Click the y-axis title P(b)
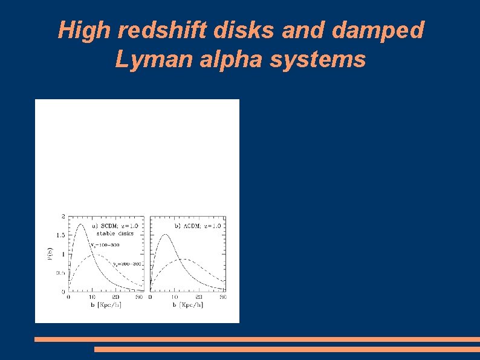click(50, 254)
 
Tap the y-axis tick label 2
click(63, 216)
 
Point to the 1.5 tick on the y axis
click(62, 235)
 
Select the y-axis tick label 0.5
click(62, 273)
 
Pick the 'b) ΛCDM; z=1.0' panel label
click(198, 226)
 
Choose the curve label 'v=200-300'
click(127, 264)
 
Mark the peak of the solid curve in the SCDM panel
click(81, 224)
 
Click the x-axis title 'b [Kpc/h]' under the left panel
click(106, 305)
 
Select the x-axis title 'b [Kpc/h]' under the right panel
click(188, 305)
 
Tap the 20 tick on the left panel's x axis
click(116, 297)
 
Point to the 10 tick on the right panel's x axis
click(175, 297)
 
